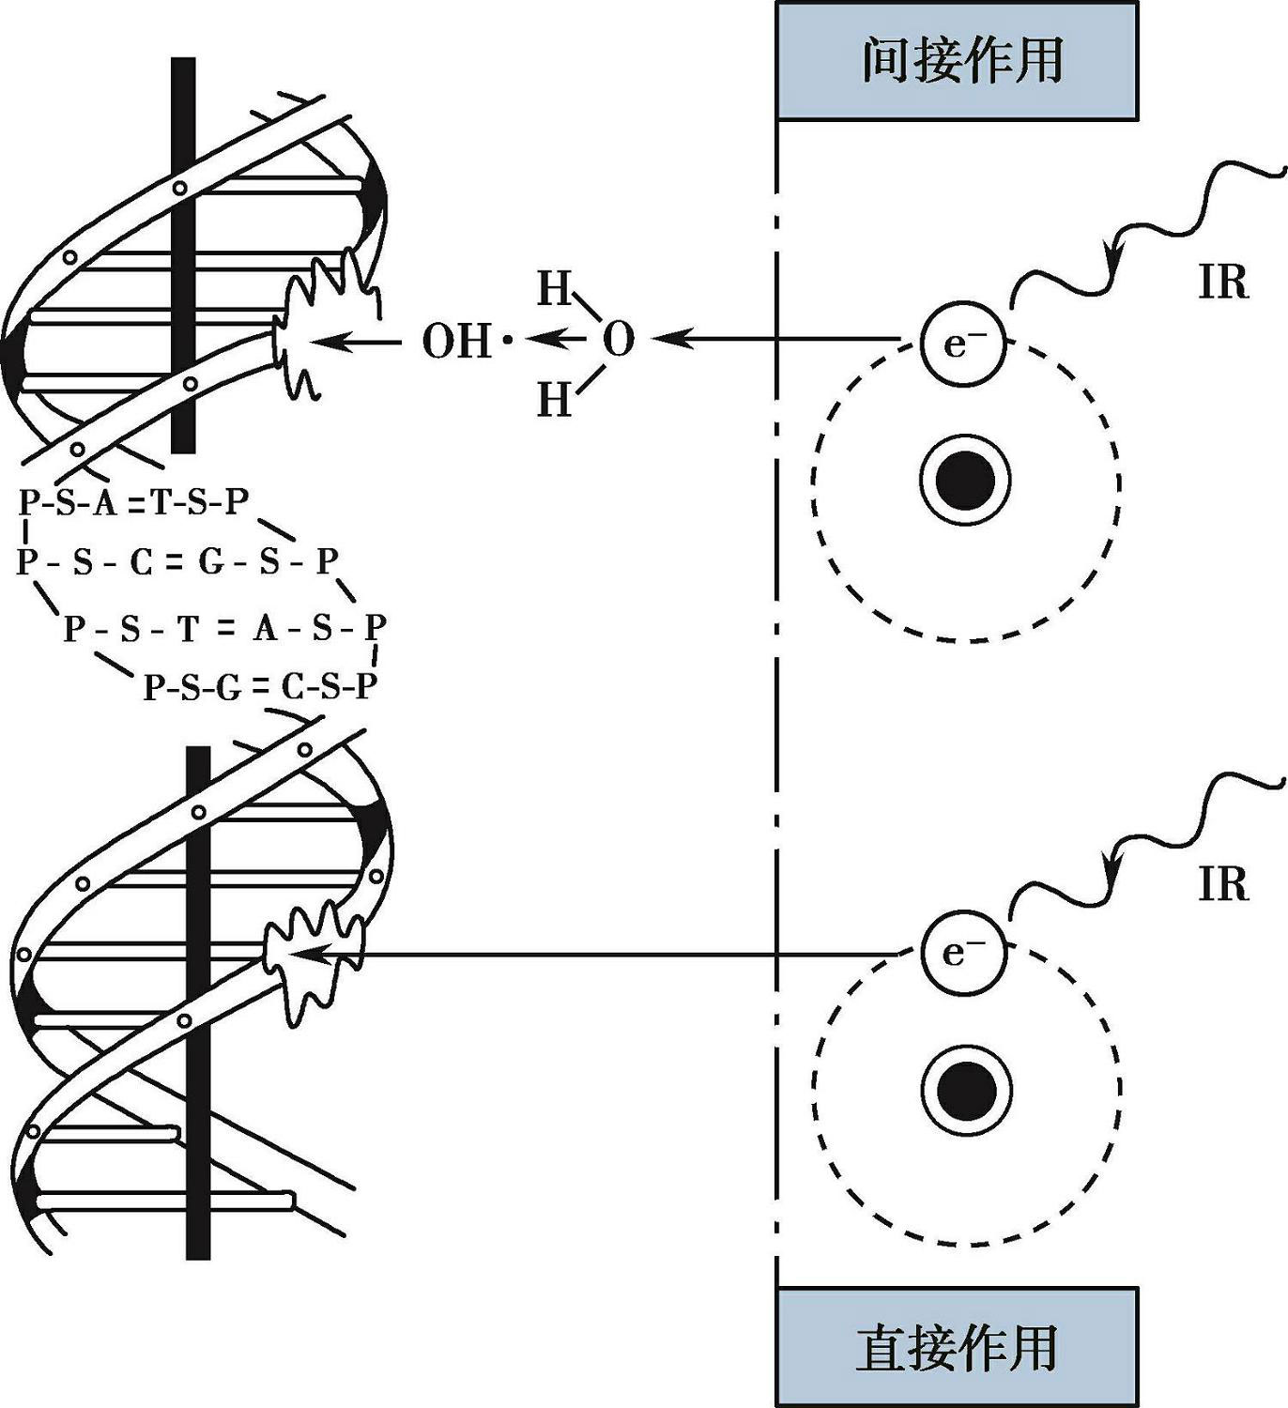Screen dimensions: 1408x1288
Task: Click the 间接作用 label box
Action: click(x=957, y=60)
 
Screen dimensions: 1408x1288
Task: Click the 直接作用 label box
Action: click(x=957, y=1347)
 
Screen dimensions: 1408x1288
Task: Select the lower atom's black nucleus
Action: click(x=967, y=1090)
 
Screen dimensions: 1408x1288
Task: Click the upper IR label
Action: click(x=1223, y=282)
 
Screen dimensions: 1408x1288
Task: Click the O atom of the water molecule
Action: click(x=618, y=340)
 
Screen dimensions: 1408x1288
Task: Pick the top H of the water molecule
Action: click(x=554, y=289)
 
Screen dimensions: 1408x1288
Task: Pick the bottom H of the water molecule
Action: click(x=554, y=400)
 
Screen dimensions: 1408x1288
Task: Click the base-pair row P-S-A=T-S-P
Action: click(x=133, y=504)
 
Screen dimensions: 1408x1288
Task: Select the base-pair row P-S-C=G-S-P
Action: click(x=176, y=562)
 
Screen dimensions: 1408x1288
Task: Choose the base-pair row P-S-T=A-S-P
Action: click(x=224, y=628)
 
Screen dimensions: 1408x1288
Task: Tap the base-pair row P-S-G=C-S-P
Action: click(x=260, y=687)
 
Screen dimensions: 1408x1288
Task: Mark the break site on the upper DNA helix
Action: click(x=305, y=333)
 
